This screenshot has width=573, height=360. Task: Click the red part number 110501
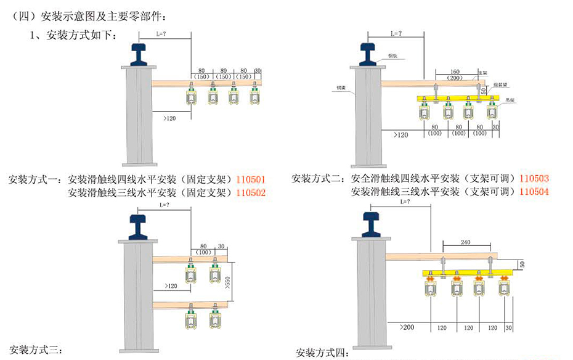(251, 180)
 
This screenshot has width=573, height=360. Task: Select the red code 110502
(251, 192)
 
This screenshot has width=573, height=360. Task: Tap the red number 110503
(534, 179)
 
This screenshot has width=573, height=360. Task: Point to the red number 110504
(534, 191)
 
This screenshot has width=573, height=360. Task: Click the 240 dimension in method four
(466, 243)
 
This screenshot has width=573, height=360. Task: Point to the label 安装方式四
(322, 353)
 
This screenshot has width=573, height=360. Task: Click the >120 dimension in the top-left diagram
(171, 117)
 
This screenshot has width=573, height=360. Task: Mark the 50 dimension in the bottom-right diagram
(522, 264)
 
